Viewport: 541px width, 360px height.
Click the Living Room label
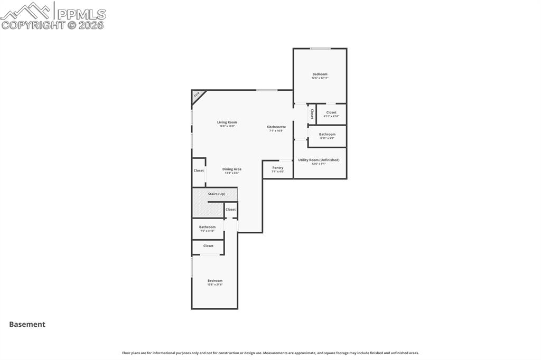[227, 122]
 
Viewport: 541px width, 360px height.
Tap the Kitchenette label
[276, 127]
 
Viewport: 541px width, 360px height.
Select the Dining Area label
[231, 169]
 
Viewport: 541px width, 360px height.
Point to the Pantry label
[277, 168]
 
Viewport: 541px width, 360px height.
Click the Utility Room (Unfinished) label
[319, 160]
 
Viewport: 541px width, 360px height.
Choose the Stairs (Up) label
[216, 194]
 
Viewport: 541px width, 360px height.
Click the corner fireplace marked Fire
[197, 95]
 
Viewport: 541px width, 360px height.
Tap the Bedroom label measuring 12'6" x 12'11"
[320, 74]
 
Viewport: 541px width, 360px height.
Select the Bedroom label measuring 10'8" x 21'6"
[214, 280]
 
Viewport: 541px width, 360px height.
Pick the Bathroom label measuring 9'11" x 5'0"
[327, 134]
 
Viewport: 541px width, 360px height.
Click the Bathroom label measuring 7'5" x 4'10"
[207, 227]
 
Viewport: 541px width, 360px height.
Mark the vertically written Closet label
[312, 114]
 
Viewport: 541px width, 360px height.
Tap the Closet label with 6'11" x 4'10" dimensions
[331, 112]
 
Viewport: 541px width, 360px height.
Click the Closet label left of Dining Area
[199, 170]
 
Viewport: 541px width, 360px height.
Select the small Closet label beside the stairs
[230, 210]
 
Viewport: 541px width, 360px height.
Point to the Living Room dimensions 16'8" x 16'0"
[227, 126]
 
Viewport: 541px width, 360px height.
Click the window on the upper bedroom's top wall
[320, 49]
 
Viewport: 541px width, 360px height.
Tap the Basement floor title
[27, 325]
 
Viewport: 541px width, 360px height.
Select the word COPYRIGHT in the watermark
[33, 25]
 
